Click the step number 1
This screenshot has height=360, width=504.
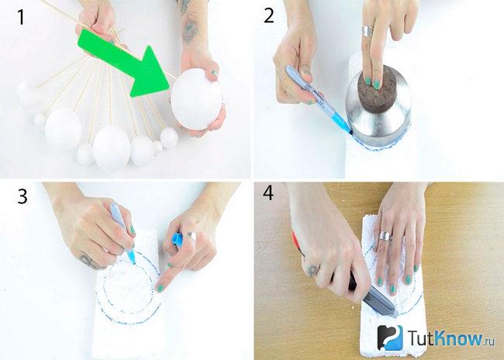pos(21,17)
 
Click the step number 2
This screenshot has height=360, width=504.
pos(269,16)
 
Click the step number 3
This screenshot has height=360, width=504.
pos(22,196)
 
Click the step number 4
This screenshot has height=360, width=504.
pos(268,192)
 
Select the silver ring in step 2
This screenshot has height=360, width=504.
pos(367,31)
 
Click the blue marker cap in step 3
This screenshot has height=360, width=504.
pos(178,239)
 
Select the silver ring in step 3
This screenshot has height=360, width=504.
pos(191,237)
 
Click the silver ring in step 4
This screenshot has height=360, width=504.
pos(385,236)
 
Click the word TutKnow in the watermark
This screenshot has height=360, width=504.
pos(446,337)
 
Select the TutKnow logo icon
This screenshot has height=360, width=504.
pos(390,337)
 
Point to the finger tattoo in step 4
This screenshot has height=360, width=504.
pos(312,271)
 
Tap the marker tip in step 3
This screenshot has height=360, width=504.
pos(133,260)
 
